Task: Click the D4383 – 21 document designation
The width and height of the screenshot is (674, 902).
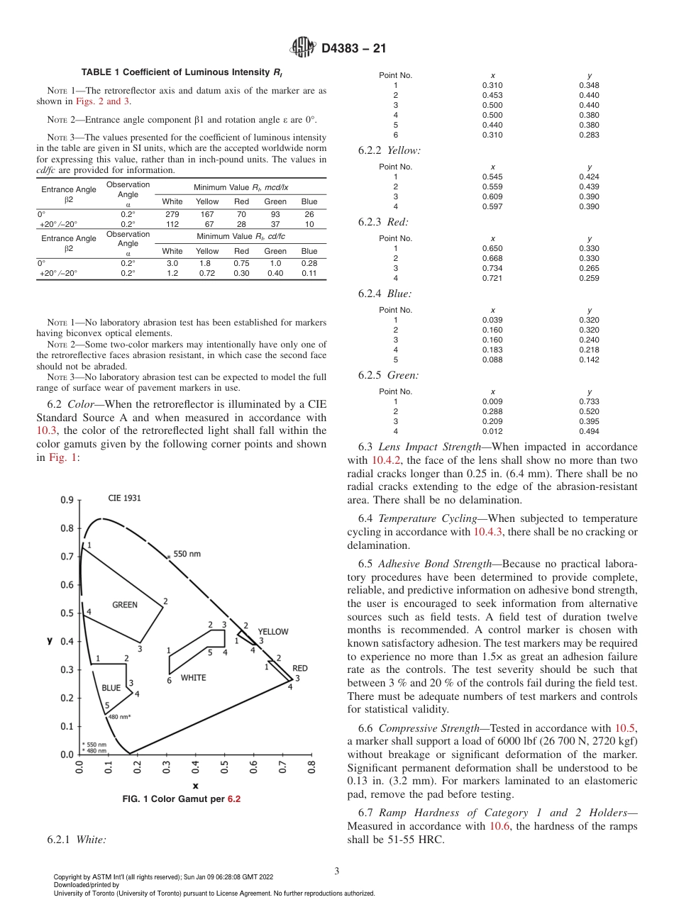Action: pyautogui.click(x=353, y=49)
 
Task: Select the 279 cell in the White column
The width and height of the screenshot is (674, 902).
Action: pyautogui.click(x=172, y=213)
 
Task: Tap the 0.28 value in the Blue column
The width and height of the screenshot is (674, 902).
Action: pyautogui.click(x=309, y=262)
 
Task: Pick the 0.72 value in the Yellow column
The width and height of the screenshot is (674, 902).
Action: pyautogui.click(x=207, y=273)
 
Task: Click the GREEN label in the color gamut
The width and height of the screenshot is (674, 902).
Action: pyautogui.click(x=125, y=605)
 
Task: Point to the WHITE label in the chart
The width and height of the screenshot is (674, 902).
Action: pyautogui.click(x=193, y=678)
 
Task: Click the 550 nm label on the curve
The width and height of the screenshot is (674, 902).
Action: pyautogui.click(x=187, y=554)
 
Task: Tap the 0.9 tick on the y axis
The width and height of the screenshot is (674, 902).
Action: pyautogui.click(x=67, y=500)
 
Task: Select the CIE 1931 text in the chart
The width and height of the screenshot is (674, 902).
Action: pyautogui.click(x=124, y=498)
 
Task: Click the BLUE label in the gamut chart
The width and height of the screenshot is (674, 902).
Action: pyautogui.click(x=111, y=688)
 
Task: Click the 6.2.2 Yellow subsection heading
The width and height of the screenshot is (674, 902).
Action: pyautogui.click(x=390, y=150)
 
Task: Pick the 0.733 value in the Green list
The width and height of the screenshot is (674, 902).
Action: pyautogui.click(x=589, y=401)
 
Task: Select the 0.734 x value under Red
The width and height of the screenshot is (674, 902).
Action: pyautogui.click(x=492, y=269)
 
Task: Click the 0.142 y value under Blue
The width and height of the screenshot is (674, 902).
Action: pyautogui.click(x=589, y=360)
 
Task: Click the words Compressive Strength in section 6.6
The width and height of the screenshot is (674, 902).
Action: pyautogui.click(x=420, y=728)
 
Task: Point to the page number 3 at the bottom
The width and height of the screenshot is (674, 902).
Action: pyautogui.click(x=336, y=871)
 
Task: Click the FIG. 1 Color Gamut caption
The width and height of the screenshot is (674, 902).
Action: pyautogui.click(x=181, y=798)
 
